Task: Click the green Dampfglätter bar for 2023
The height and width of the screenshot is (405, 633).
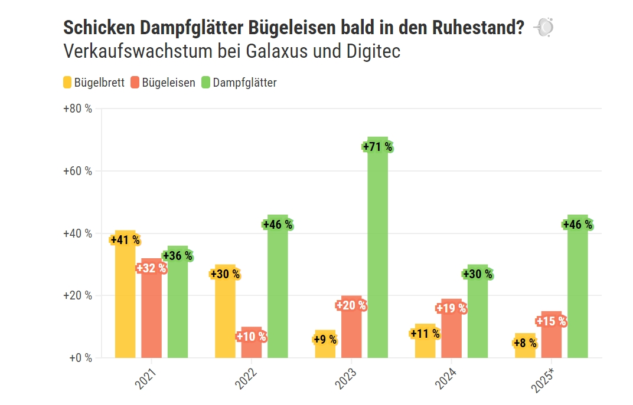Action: [x=378, y=259]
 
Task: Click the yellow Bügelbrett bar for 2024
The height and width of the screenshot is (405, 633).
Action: [x=425, y=348]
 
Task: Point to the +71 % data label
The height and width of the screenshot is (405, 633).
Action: [x=377, y=147]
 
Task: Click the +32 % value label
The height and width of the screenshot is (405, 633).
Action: [x=152, y=268]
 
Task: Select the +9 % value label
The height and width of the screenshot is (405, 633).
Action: [x=325, y=340]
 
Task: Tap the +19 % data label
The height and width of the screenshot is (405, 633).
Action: [x=452, y=308]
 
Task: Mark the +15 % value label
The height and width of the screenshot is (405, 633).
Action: [x=552, y=321]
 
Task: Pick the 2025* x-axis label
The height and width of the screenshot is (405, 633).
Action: [x=543, y=380]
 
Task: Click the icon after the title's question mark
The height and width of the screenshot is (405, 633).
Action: [x=543, y=27]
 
